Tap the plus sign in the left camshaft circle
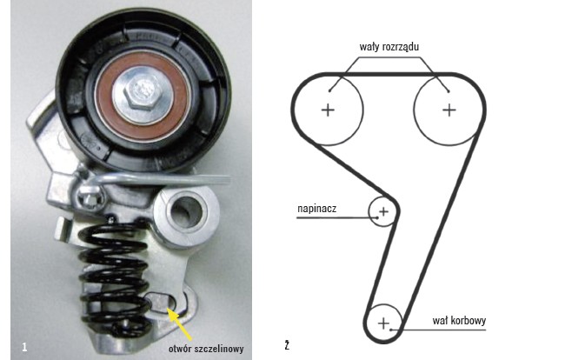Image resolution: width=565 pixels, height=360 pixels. click(328, 110)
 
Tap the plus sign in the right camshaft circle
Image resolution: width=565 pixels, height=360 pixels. click(449, 110)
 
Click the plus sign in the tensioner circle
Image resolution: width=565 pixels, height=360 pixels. click(383, 211)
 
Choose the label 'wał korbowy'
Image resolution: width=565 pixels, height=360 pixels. click(458, 320)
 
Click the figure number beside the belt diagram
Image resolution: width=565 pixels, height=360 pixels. click(286, 346)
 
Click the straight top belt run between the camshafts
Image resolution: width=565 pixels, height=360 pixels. click(388, 74)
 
